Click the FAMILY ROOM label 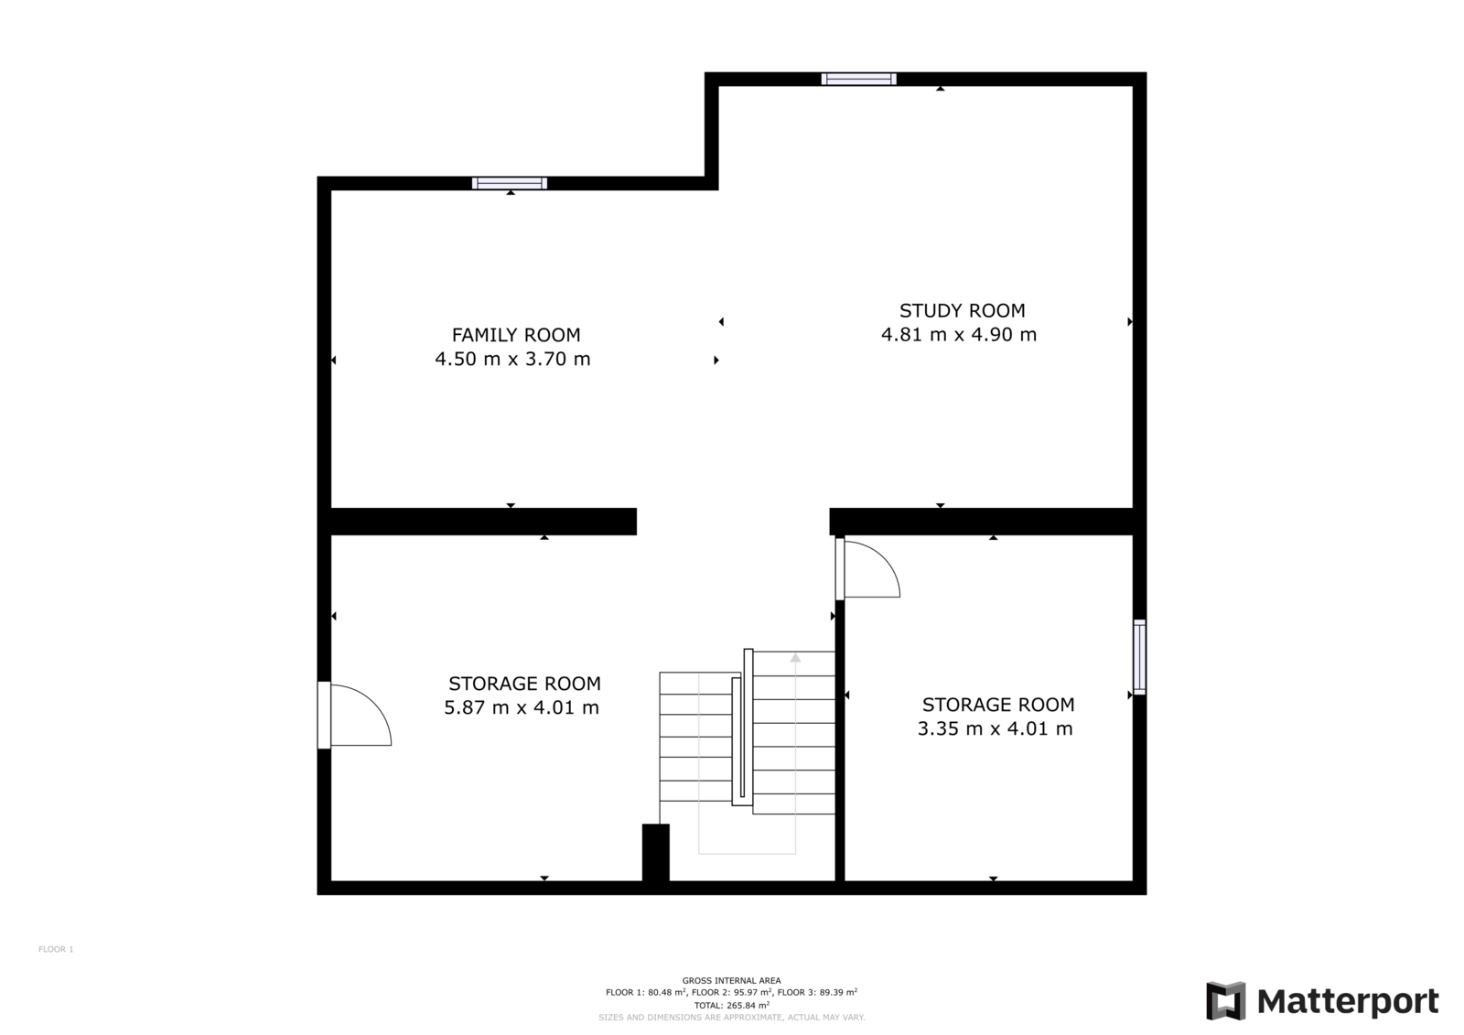pos(516,335)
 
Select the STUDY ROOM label pos(962,310)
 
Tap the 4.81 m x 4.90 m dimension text pos(959,335)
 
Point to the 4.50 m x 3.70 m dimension pos(512,359)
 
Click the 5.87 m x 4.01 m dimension pos(522,707)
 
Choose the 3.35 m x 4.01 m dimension pos(995,728)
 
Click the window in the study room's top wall pos(859,79)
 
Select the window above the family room pos(510,183)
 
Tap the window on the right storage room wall pos(1139,657)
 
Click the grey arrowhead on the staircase pos(795,658)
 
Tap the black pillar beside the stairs pos(655,853)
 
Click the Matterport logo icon pos(1226,1001)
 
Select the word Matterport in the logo pos(1349,1002)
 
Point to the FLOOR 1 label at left pos(56,949)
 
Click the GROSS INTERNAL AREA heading pos(731,981)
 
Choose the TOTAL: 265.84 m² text pos(731,1006)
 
